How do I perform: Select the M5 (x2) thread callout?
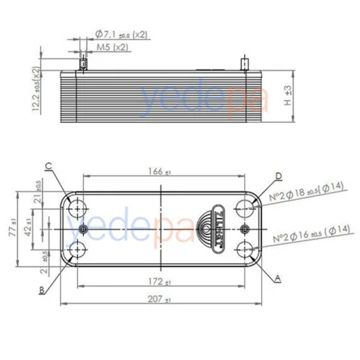tap(112, 48)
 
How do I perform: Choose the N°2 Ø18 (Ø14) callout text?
tap(310, 195)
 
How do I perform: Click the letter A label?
tap(278, 279)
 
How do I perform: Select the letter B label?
tap(41, 289)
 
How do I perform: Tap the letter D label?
tap(278, 176)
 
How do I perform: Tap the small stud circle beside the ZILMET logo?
tap(244, 228)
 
